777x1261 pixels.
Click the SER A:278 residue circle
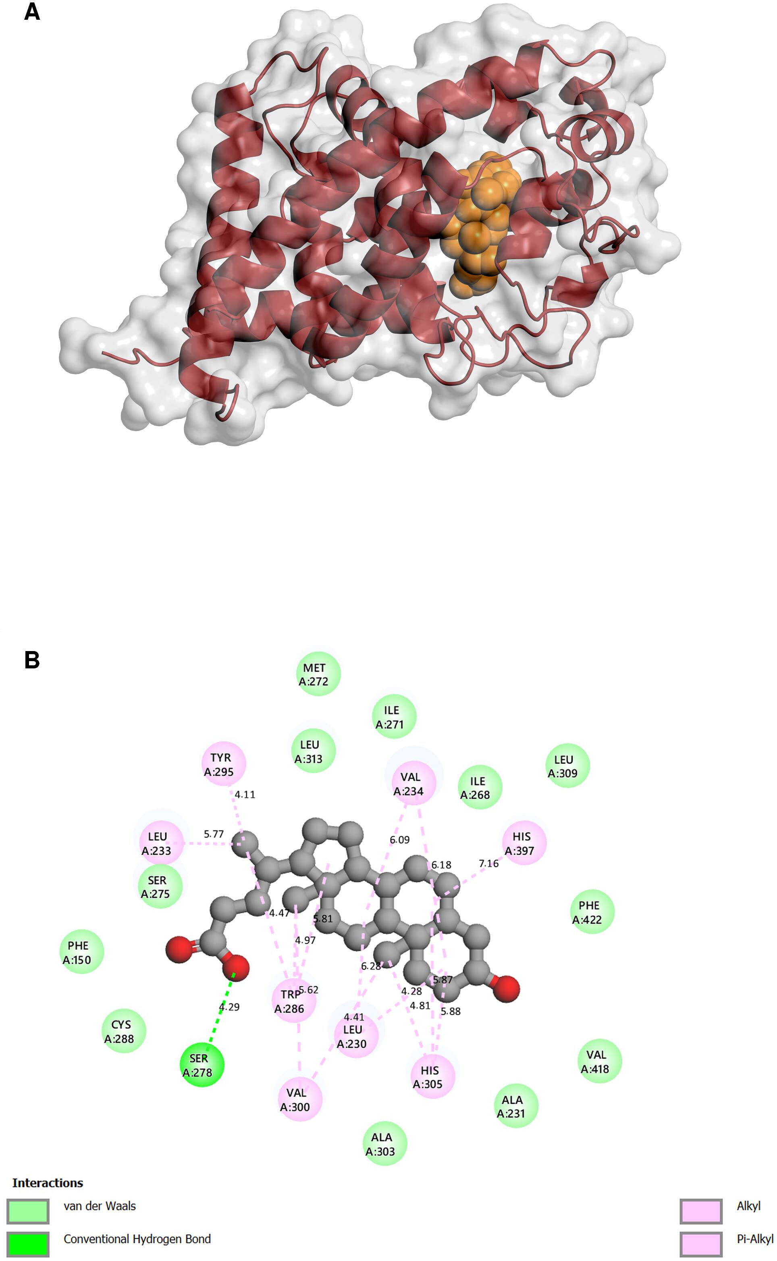tap(202, 1065)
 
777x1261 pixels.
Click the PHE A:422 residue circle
tap(592, 911)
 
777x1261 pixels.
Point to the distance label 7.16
tap(489, 864)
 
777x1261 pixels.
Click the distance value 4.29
tap(229, 1007)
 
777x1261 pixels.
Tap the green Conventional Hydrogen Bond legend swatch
tap(28, 1244)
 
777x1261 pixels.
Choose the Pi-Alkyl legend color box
tap(701, 1244)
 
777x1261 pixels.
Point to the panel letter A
tap(32, 12)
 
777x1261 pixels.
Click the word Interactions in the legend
tap(48, 1183)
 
